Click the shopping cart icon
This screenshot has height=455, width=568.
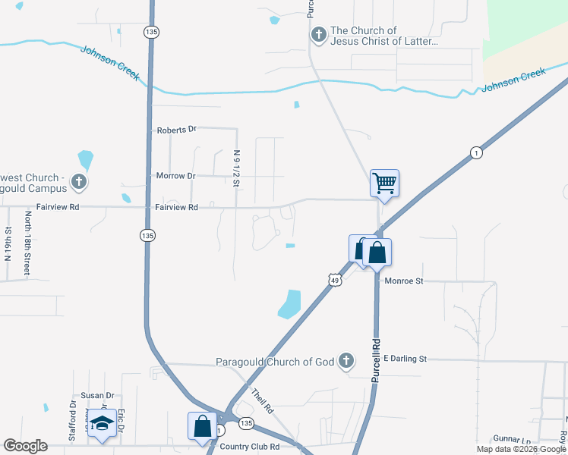384,182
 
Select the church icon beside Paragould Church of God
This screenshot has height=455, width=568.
346,361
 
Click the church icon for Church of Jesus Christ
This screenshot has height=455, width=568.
318,35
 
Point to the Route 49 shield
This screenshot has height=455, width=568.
334,281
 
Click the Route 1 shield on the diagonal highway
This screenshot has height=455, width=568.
475,152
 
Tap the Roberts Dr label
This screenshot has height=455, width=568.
176,130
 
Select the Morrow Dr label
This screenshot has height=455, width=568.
175,176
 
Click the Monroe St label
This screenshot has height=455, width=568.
403,281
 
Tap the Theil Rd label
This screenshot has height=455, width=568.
261,401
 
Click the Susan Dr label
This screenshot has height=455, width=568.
97,396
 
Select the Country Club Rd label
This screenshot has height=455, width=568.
249,446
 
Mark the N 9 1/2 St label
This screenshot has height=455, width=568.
237,168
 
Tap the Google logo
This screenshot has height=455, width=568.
26,446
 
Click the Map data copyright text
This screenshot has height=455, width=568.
521,449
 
